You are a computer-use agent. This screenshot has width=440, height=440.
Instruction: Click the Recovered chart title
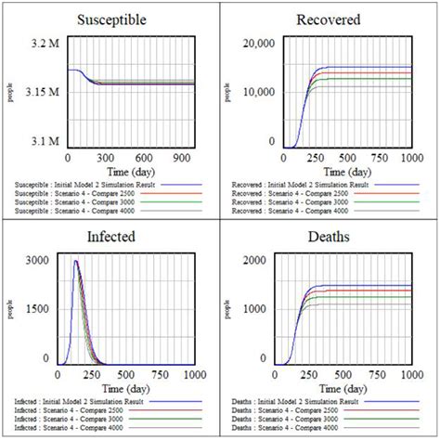coord(329,19)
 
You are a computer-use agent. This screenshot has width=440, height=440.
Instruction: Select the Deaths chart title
coord(329,237)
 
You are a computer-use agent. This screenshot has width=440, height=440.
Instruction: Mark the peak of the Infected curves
coord(76,262)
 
